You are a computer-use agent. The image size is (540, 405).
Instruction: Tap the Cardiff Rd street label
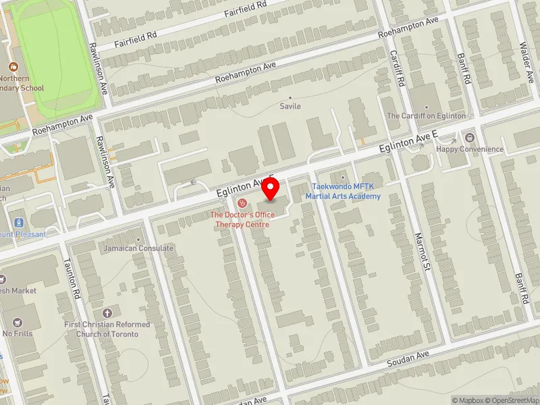[x=396, y=68]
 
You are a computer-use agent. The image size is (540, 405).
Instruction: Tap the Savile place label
[x=290, y=106]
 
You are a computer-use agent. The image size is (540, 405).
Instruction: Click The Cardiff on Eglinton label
[x=426, y=115]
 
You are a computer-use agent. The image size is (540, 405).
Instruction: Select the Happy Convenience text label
[x=470, y=149]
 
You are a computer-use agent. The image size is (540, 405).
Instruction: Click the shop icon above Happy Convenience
[x=470, y=138]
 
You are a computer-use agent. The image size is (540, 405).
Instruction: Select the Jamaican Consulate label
[x=138, y=248]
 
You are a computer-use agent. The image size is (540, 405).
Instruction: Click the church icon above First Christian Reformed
[x=107, y=313]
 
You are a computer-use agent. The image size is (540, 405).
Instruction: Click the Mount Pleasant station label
[x=23, y=234]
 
